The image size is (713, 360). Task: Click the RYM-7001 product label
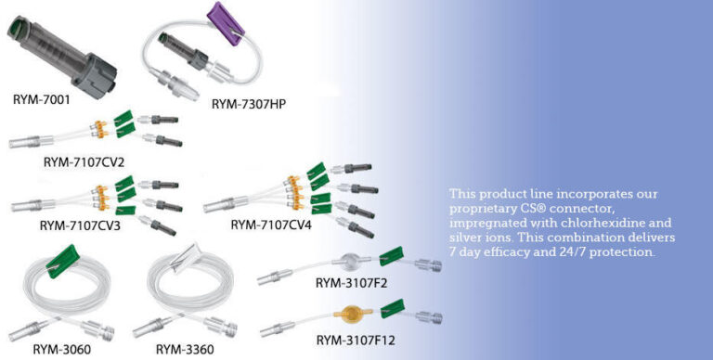pos(42,99)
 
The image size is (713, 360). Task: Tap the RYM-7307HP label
pos(249,104)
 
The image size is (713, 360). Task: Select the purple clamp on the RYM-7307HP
pos(226,23)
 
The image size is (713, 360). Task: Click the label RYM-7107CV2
pos(84,161)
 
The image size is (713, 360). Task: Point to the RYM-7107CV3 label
pos(80,225)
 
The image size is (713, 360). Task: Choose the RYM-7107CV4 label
pos(271,225)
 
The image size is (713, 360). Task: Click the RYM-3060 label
pos(62,350)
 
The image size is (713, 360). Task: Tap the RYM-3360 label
pos(185,350)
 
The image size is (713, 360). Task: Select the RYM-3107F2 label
pos(352,283)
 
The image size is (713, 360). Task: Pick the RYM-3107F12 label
pos(356,340)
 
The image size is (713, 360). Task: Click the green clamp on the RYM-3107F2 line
pos(391,256)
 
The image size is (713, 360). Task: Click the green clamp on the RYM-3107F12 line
pos(393,308)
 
